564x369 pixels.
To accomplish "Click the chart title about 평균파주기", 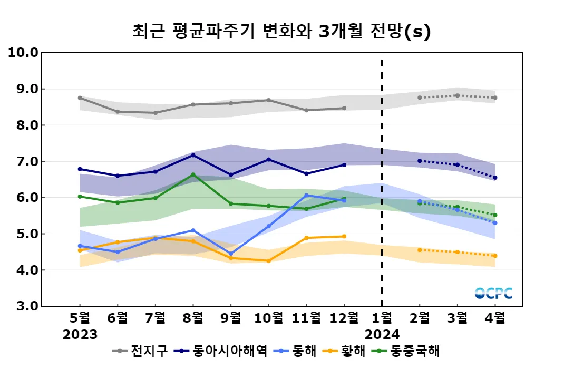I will pos(281,32).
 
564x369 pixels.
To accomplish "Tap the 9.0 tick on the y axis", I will pos(24,89).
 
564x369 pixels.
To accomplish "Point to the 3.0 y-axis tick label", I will pos(24,306).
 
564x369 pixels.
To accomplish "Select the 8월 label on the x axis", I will pos(193,318).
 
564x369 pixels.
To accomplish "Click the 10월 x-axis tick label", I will pos(268,318).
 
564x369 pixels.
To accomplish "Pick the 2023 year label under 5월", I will pos(80,335).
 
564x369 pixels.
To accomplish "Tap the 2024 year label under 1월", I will pos(382,335).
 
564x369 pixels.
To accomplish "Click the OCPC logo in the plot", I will pos(493,293).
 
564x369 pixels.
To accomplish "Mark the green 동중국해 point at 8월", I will pos(193,174).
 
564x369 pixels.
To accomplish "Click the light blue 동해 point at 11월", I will pos(306,196).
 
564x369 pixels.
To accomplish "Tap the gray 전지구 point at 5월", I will pos(80,98).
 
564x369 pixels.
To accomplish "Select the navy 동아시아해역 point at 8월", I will pos(193,155).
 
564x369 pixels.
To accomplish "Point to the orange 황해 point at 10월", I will pos(268,261).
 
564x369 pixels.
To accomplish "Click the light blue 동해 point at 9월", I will pos(231,254).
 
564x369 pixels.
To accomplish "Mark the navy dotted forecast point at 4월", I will pos(495,178).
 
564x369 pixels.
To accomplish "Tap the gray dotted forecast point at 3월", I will pos(457,95).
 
